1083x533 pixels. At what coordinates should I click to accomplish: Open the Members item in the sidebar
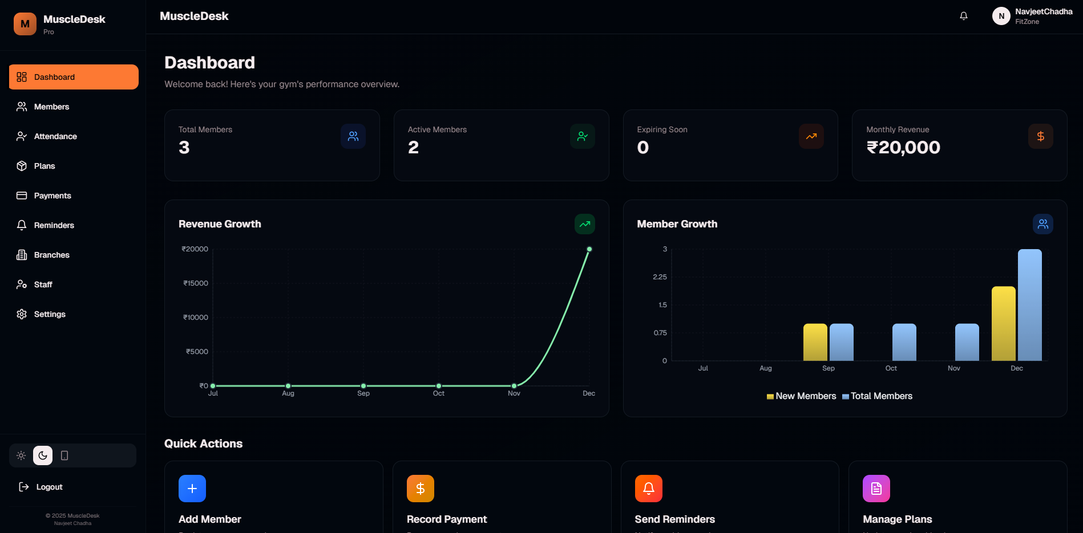51,107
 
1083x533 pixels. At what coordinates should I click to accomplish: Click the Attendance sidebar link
55,136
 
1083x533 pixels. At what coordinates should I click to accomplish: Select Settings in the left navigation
50,314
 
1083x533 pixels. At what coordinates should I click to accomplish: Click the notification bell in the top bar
964,16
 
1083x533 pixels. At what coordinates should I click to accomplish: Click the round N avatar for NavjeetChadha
1001,16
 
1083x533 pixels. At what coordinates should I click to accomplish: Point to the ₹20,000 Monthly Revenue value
903,148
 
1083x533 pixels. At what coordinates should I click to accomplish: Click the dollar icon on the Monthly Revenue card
1040,136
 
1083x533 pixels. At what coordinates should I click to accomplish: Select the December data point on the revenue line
589,249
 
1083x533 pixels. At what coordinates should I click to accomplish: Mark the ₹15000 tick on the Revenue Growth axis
196,283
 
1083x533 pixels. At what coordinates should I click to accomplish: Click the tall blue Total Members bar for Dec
1029,305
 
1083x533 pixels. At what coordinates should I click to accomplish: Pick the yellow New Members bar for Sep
815,342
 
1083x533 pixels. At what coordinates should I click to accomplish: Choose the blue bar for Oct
904,342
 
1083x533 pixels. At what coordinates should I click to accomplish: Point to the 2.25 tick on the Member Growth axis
660,277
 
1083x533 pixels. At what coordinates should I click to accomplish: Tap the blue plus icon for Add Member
192,489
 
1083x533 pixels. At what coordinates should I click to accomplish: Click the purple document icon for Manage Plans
876,489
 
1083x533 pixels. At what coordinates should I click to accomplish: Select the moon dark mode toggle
43,455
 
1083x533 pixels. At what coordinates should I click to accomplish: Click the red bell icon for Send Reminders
648,489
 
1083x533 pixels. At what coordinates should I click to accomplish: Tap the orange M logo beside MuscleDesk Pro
25,24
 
